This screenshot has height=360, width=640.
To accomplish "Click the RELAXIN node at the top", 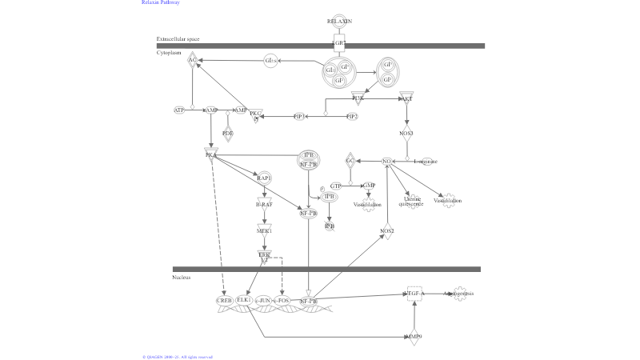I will coord(339,21).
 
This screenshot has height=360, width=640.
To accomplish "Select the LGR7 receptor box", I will coord(339,42).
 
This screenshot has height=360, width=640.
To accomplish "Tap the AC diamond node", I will coord(193,60).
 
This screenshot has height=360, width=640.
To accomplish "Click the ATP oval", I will coord(179,110).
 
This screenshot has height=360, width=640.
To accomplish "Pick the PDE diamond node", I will coord(228,133).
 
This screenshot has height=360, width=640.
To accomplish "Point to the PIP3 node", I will coord(299,117).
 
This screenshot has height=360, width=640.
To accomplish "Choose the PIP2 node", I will coord(352,117).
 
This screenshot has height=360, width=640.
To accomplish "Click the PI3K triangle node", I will coord(358,98).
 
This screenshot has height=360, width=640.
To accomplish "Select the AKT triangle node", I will coord(406,98).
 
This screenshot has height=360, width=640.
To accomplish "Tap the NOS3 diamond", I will coord(406,134).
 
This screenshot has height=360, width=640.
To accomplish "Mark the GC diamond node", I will coord(350,161).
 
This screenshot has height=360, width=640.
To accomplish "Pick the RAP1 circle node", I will coord(264,178).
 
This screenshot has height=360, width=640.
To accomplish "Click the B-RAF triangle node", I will coord(264,205).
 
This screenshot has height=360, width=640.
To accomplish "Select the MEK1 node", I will coord(264,231).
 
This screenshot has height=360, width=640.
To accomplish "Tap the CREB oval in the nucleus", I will coord(225,300).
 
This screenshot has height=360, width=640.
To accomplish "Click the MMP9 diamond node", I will coord(414,337).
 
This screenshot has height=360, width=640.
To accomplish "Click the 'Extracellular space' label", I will coord(178,38).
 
